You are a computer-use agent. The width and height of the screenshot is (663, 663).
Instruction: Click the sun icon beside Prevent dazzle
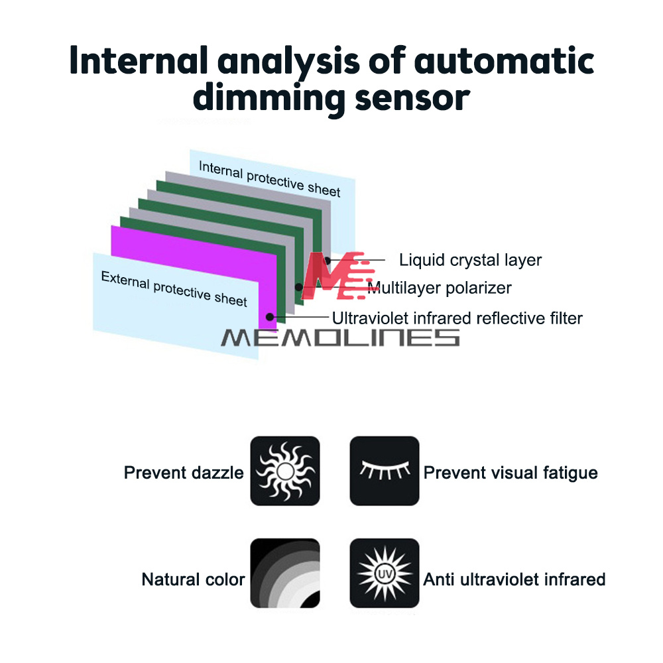coord(285,471)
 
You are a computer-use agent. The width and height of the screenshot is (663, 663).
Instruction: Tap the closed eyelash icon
coord(385,471)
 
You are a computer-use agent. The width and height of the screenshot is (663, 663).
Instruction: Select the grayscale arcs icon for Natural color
coord(285,573)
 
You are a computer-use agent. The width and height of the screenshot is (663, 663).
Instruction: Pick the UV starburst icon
coord(385,573)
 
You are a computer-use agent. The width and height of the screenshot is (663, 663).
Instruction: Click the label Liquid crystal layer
coord(470,260)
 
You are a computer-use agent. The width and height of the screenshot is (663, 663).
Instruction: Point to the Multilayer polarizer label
coord(440,288)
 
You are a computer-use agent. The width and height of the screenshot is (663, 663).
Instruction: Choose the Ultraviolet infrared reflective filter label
coord(457,318)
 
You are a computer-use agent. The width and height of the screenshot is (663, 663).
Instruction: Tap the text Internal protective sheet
coord(269,178)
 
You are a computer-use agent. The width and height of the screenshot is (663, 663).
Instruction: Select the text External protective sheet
coord(174,288)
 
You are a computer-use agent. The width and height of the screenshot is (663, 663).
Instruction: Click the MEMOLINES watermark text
coord(339,337)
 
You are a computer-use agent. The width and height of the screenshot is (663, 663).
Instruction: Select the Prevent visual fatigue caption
coord(511,473)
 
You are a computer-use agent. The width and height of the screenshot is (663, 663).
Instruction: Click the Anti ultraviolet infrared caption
coord(514,579)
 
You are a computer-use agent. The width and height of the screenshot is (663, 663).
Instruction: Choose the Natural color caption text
coord(193,579)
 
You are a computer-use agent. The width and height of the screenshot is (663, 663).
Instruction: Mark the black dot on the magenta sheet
coord(270,316)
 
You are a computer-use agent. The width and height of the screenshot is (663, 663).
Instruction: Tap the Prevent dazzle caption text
coord(184,473)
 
